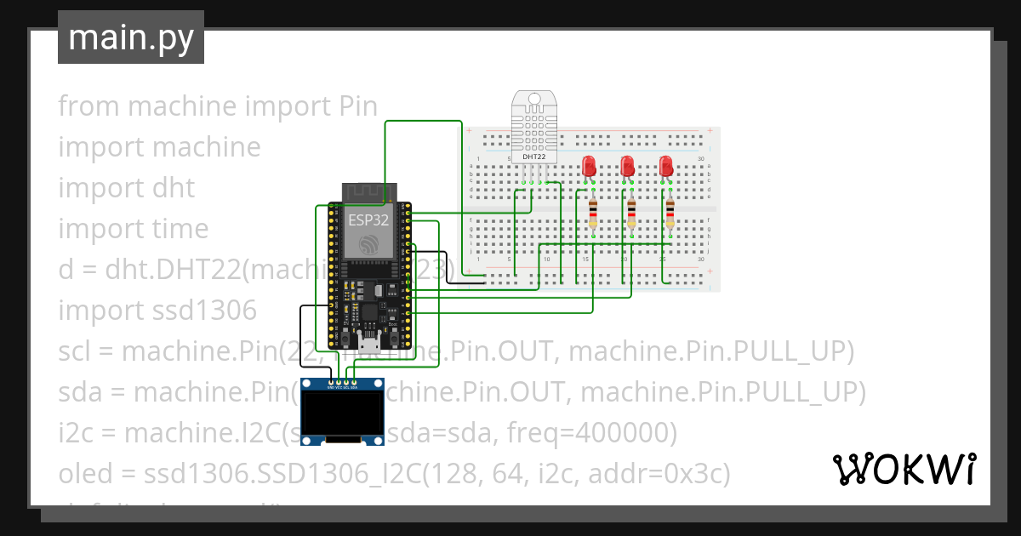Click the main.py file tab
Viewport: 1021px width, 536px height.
[x=130, y=37]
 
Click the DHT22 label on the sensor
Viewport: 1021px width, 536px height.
[x=533, y=157]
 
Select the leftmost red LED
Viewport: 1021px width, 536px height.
[x=589, y=167]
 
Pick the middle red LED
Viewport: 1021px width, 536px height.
[x=628, y=167]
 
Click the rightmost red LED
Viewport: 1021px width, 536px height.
[x=667, y=167]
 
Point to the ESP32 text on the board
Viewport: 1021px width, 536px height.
[x=368, y=220]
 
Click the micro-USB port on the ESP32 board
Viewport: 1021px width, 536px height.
[x=369, y=345]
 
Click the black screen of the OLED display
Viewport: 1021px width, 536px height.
[x=343, y=411]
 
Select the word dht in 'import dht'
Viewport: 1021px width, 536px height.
[x=174, y=187]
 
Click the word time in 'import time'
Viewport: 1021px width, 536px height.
[x=180, y=228]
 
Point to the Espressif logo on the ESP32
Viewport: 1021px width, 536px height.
[x=368, y=244]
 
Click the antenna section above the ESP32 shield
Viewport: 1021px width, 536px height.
[x=368, y=192]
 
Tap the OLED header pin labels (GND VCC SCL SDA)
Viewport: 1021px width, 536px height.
[x=343, y=386]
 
